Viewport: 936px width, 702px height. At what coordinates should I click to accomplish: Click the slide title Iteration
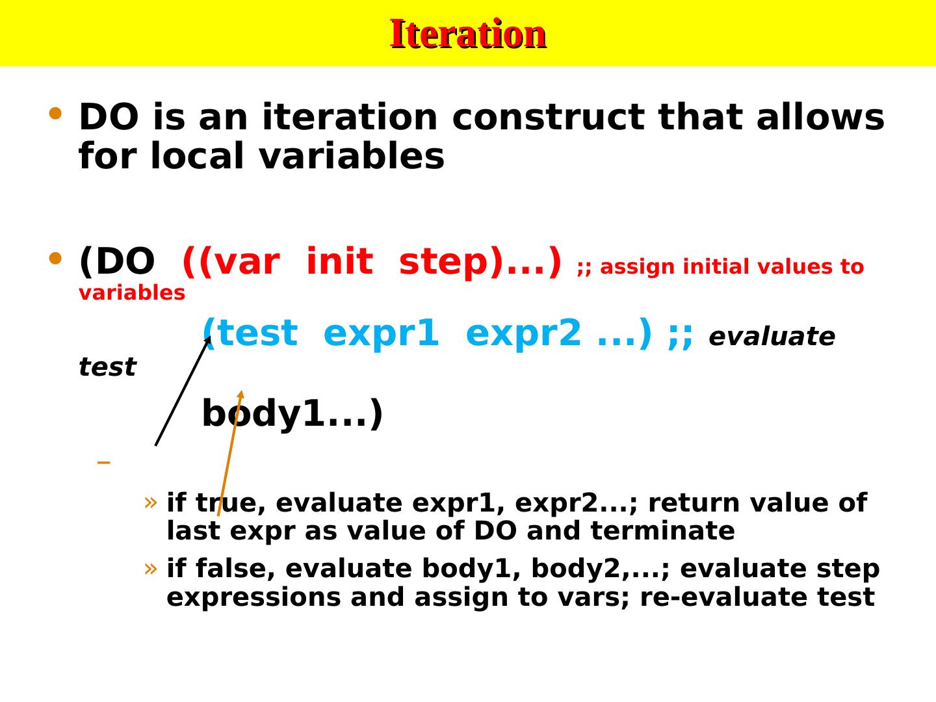(x=468, y=34)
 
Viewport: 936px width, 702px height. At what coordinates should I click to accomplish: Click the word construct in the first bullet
(x=549, y=117)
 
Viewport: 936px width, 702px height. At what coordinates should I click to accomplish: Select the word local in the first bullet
(x=198, y=155)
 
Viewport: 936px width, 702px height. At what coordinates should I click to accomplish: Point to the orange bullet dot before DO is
(x=55, y=113)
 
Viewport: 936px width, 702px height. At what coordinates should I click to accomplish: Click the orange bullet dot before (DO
(x=55, y=258)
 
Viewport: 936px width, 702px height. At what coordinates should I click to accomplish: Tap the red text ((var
(x=231, y=262)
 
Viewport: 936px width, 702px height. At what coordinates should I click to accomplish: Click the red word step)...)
(x=480, y=262)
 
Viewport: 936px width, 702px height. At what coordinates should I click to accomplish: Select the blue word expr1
(x=381, y=333)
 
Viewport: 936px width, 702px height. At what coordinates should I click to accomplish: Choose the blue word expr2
(x=523, y=333)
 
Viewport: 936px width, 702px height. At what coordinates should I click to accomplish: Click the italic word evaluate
(x=772, y=337)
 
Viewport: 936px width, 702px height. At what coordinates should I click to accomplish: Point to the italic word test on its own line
(x=107, y=367)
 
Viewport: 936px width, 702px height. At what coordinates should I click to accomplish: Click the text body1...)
(x=292, y=413)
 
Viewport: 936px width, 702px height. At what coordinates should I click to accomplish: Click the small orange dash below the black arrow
(x=103, y=462)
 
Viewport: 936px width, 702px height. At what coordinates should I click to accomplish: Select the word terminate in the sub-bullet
(x=662, y=531)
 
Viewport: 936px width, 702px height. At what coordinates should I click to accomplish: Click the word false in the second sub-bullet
(x=235, y=569)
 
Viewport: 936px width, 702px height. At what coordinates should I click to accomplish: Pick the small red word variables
(x=132, y=293)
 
